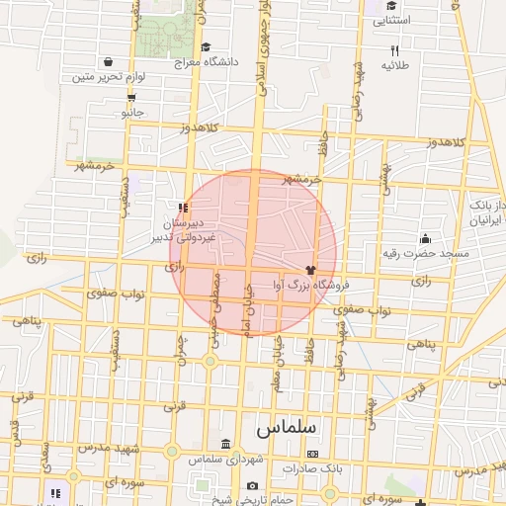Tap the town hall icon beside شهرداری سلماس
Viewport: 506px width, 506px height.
[226, 443]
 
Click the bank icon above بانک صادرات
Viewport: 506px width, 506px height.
[313, 454]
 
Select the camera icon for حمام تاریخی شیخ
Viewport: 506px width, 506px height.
[253, 485]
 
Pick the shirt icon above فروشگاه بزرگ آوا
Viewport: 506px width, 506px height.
[310, 268]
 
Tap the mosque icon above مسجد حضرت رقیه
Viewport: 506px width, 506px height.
[425, 238]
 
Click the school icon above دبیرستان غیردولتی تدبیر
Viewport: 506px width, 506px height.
[183, 208]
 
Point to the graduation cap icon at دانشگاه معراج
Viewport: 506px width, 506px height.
[206, 46]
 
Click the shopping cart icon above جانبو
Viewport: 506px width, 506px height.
[131, 97]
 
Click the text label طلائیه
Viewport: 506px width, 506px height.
[394, 65]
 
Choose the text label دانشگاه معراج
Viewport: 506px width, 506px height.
[207, 62]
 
